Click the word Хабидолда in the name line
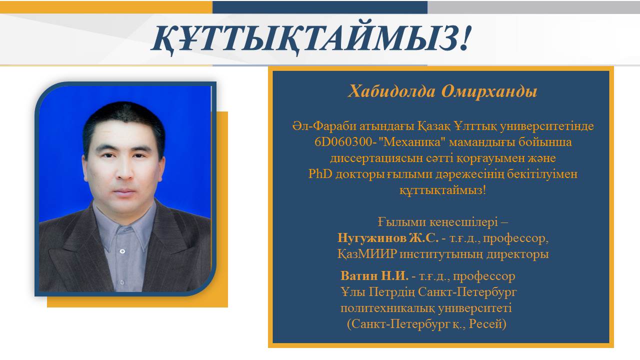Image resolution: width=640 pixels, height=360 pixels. click(391, 91)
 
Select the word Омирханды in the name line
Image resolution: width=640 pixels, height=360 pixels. click(489, 92)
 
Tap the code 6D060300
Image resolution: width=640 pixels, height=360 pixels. click(343, 141)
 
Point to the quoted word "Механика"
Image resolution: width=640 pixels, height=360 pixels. click(411, 141)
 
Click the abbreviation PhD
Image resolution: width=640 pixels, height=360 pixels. click(320, 173)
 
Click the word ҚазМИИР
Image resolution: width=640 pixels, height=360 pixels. click(367, 253)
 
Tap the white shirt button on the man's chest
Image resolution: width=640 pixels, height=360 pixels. click(122, 251)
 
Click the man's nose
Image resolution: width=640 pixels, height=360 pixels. click(125, 170)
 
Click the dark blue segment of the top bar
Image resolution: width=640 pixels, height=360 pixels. click(320, 7)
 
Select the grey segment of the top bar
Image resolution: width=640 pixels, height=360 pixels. click(533, 7)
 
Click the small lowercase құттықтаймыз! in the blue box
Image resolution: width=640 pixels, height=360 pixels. click(442, 190)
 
